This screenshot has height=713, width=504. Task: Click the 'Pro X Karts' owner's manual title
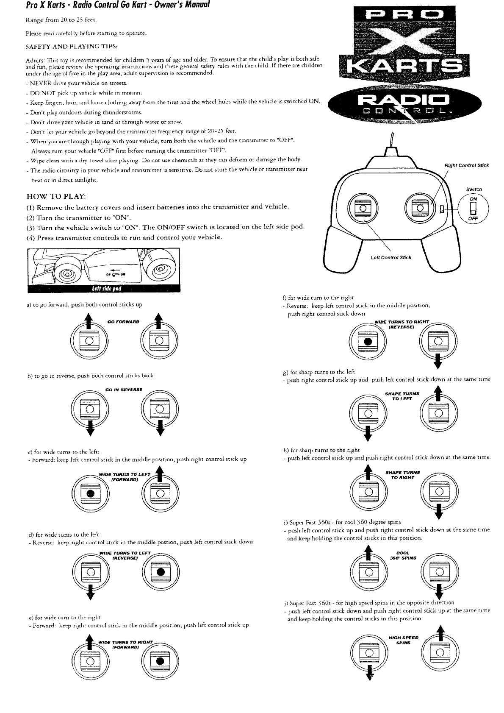105,6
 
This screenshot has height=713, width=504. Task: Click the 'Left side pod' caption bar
106,289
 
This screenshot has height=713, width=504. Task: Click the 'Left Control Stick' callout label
390,257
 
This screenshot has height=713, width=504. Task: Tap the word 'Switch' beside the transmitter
474,189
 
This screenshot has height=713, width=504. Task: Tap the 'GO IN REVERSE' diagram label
124,390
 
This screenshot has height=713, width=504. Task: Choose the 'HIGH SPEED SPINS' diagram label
403,640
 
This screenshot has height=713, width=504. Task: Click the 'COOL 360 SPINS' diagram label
403,555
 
